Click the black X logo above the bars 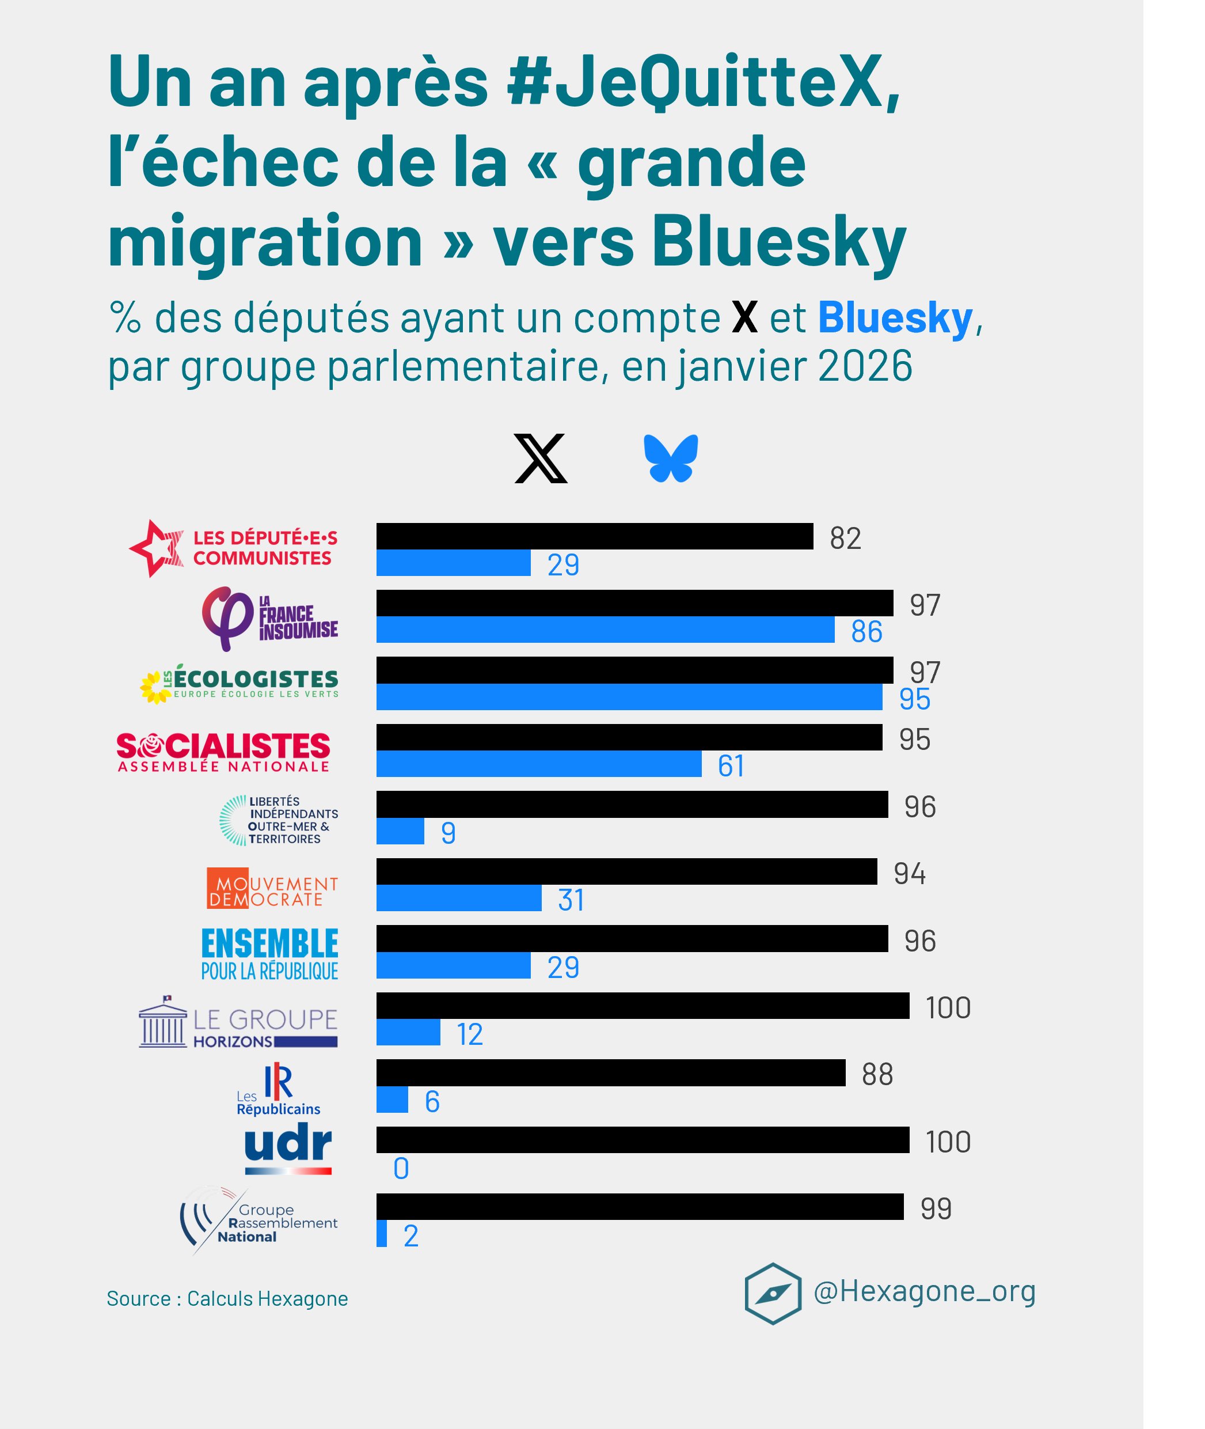pyautogui.click(x=541, y=458)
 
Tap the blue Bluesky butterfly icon pyautogui.click(x=671, y=458)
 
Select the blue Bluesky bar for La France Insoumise pyautogui.click(x=605, y=630)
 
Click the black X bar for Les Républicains pyautogui.click(x=611, y=1073)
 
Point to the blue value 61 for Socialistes pyautogui.click(x=730, y=765)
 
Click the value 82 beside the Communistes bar pyautogui.click(x=845, y=539)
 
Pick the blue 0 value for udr pyautogui.click(x=401, y=1169)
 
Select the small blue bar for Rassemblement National pyautogui.click(x=381, y=1234)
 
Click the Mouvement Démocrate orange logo pyautogui.click(x=272, y=888)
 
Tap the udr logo pyautogui.click(x=288, y=1148)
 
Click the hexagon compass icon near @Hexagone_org pyautogui.click(x=773, y=1293)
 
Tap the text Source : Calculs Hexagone pyautogui.click(x=227, y=1298)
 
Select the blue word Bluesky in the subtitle pyautogui.click(x=895, y=318)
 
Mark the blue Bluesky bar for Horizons pyautogui.click(x=408, y=1032)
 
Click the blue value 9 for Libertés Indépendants pyautogui.click(x=448, y=832)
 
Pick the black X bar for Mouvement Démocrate pyautogui.click(x=626, y=871)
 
